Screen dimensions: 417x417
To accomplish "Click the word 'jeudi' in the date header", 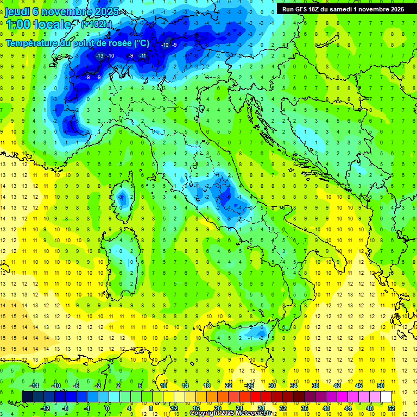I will click(17, 11).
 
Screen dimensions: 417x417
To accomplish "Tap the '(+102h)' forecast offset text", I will click(97, 24).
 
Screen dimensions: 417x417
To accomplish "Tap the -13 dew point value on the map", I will click(99, 56).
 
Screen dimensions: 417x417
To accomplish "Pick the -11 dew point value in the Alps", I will click(143, 56).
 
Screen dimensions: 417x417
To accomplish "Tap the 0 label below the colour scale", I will click(108, 408).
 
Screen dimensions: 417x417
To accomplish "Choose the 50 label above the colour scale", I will click(381, 386).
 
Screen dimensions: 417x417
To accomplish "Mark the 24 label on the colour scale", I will click(239, 408).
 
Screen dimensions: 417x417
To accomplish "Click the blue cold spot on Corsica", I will click(123, 196).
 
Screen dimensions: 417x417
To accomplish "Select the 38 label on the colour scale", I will click(315, 386).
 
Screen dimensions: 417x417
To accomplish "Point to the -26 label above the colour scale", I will click(249, 386).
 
